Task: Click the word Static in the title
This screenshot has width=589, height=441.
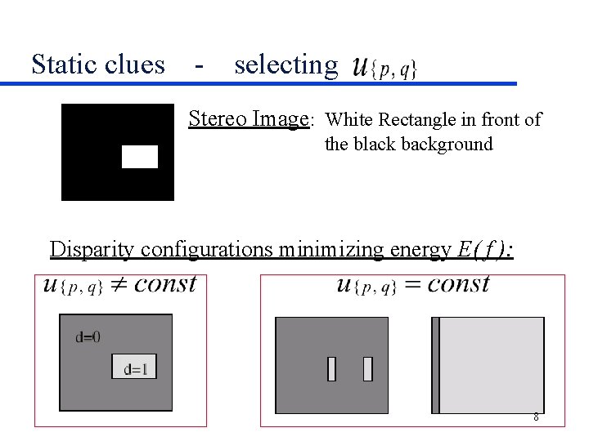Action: click(x=65, y=64)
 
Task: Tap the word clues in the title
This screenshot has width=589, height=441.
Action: click(x=137, y=64)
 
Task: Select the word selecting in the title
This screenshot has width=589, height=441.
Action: click(x=286, y=65)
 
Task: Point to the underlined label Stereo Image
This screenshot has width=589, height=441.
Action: click(x=248, y=119)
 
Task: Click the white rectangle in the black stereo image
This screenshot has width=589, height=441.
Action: click(x=140, y=156)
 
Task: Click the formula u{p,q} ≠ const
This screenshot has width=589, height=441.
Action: click(x=120, y=284)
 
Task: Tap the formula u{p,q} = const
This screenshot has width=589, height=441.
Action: click(x=412, y=284)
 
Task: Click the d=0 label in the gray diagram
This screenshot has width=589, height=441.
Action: click(x=88, y=336)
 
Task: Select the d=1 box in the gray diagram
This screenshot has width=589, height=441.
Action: click(x=134, y=367)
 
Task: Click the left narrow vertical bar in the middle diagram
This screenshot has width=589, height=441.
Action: click(x=331, y=369)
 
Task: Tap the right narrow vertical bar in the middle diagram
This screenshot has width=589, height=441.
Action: click(x=367, y=369)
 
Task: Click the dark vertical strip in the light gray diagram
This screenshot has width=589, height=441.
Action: click(x=435, y=364)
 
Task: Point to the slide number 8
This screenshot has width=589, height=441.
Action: click(x=536, y=417)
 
